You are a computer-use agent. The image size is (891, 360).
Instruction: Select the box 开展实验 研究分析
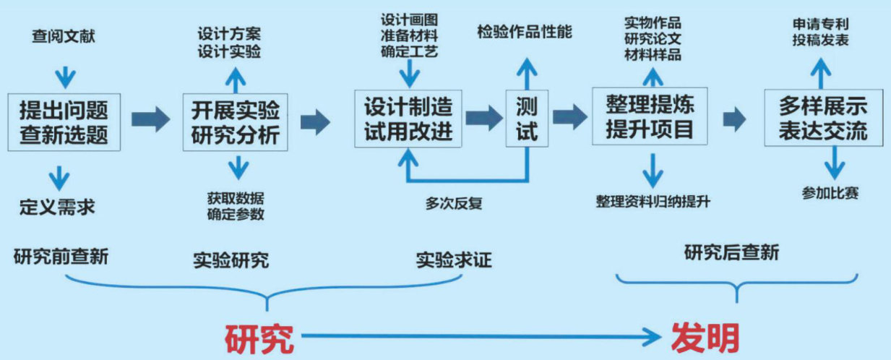pos(236,121)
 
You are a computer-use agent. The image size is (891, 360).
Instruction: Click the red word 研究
pos(259,338)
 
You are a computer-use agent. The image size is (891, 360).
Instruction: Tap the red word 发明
pos(705,337)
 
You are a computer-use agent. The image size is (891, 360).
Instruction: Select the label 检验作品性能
pos(525,32)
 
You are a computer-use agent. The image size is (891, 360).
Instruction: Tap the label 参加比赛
pos(830,193)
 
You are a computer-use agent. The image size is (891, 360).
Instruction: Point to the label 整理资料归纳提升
pos(653,201)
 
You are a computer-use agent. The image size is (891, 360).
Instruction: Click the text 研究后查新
pos(732,253)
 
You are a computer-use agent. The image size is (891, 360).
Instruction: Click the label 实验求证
pos(453,259)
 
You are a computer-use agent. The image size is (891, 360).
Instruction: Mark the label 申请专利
pos(819,24)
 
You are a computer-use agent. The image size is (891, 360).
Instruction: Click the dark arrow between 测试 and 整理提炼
pos(570,116)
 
